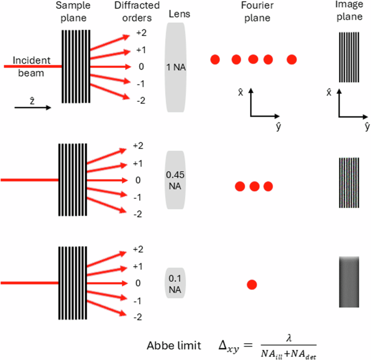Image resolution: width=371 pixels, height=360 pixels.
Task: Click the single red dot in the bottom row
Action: [251, 285]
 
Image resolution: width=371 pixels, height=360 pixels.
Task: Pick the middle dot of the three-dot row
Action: [254, 187]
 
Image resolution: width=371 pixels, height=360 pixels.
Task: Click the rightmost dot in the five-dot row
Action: [292, 59]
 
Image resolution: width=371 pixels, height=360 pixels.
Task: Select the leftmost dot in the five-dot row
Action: [215, 59]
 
